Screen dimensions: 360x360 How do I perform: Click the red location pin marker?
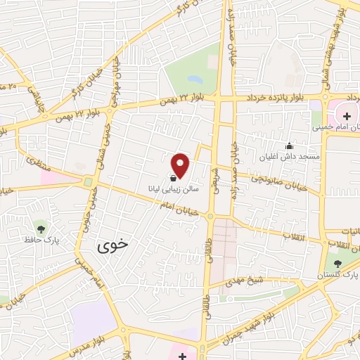pos(181,165)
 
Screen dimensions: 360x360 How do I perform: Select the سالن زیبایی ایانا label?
pos(169,189)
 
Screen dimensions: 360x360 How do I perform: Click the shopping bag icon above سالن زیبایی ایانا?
pos(173,179)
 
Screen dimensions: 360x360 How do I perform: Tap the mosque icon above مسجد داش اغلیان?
pos(289,146)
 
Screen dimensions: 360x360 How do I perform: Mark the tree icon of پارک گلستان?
pos(338,263)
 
